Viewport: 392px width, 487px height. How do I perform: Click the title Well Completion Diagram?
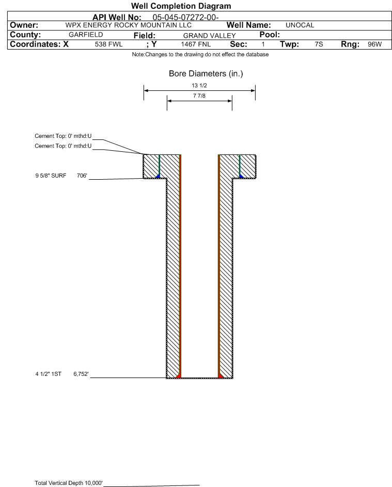[181, 6]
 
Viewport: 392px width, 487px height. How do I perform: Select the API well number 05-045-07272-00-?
[185, 18]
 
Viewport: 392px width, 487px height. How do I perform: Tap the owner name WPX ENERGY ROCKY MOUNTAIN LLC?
[128, 25]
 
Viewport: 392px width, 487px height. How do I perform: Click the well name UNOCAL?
[300, 25]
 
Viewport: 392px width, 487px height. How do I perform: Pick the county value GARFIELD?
[86, 35]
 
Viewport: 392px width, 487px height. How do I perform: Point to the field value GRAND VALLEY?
[209, 36]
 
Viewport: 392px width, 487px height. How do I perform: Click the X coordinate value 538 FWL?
[108, 44]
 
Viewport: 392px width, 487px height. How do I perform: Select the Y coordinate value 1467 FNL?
[196, 44]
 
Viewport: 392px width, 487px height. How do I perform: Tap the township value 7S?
[319, 44]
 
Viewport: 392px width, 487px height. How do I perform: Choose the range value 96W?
[374, 44]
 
